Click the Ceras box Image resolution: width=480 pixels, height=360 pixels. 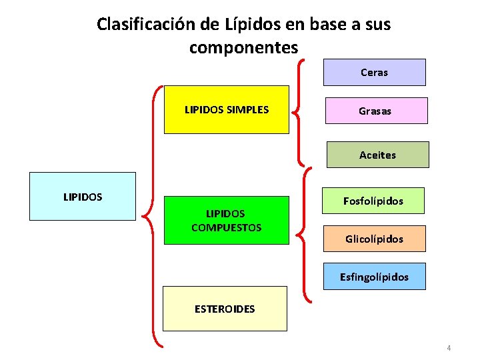374,73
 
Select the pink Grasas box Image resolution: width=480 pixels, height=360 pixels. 375,111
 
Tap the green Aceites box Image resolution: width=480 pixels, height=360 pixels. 377,155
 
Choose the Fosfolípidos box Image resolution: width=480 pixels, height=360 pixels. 373,201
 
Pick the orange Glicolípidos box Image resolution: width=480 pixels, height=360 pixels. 374,239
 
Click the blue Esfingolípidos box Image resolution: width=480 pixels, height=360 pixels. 374,276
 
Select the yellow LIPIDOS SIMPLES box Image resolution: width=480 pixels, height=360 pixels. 227,109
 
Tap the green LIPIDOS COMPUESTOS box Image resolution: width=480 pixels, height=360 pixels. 227,221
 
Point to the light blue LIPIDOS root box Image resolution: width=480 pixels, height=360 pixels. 83,197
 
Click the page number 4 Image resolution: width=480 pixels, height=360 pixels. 449,348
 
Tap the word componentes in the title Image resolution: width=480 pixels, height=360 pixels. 243,48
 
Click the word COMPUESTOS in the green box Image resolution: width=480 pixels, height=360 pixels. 227,227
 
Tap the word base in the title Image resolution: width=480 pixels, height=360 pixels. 321,25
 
